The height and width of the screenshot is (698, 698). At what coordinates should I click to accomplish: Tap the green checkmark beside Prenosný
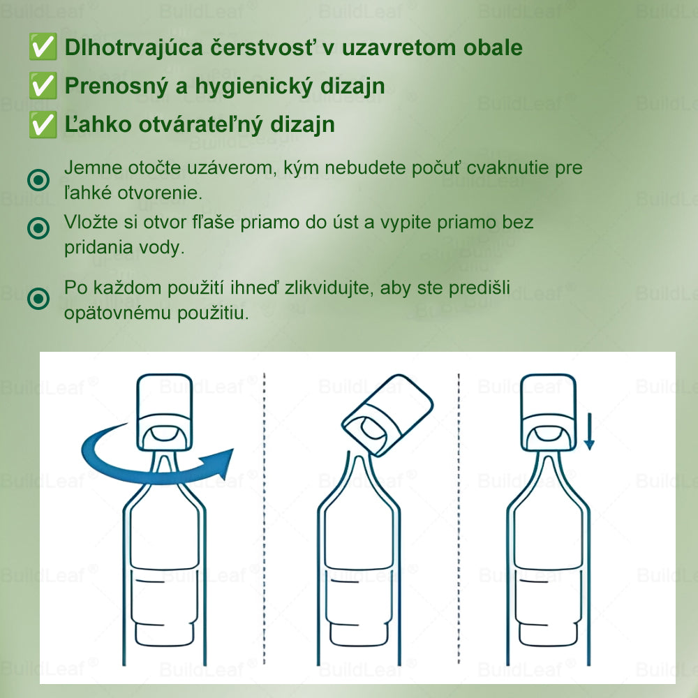tap(43, 86)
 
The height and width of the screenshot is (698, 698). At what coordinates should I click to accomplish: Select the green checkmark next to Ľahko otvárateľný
tap(43, 124)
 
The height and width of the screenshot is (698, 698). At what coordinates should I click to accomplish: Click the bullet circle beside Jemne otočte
tap(38, 181)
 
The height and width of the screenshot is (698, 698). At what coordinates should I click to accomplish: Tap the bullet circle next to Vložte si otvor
tap(38, 228)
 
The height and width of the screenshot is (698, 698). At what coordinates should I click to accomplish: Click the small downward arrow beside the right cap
tap(589, 432)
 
